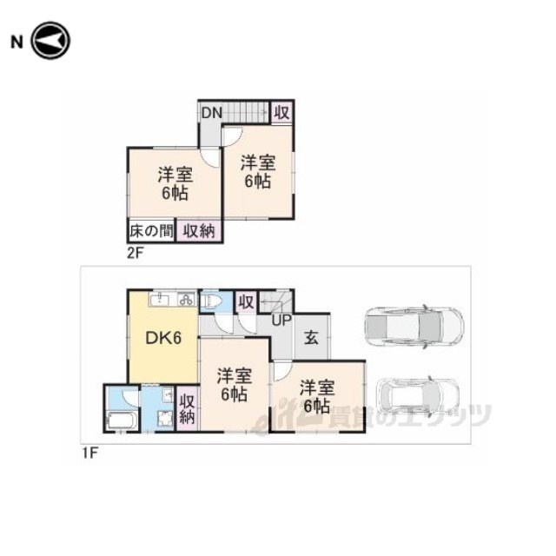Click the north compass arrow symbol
(x=50, y=41)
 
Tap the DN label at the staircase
(x=212, y=113)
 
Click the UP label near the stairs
(x=281, y=321)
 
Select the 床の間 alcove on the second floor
(x=151, y=231)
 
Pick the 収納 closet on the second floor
(x=199, y=231)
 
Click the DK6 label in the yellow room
(x=163, y=338)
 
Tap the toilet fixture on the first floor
(x=212, y=301)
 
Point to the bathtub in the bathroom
(x=122, y=420)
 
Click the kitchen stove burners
(x=186, y=300)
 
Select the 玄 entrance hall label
(x=311, y=338)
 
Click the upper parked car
(x=414, y=325)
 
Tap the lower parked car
(x=418, y=396)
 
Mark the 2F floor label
(x=135, y=253)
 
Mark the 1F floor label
(x=89, y=453)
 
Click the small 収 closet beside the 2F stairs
(x=282, y=113)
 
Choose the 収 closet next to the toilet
(x=246, y=302)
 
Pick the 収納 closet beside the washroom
(x=188, y=408)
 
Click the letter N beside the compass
(x=17, y=43)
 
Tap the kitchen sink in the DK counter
(x=161, y=300)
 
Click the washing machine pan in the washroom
(x=164, y=419)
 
